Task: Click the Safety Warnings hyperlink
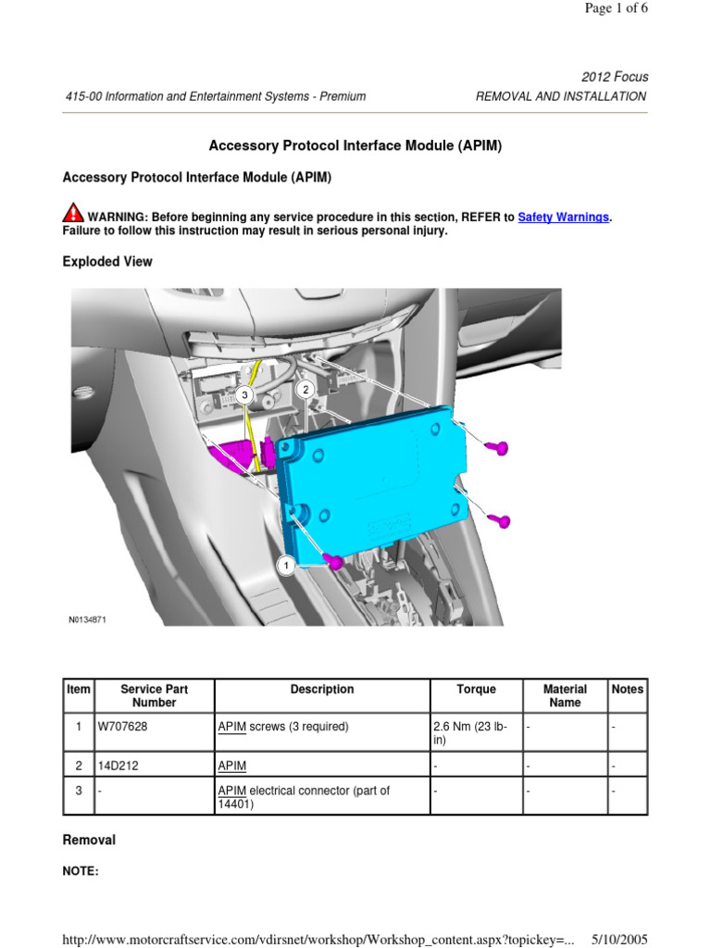[563, 217]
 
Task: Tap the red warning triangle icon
[73, 214]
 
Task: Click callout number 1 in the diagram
[286, 566]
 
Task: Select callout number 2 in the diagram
[305, 391]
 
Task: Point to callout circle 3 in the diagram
[244, 395]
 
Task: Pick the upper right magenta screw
[497, 448]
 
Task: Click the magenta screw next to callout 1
[333, 561]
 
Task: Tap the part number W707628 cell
[123, 727]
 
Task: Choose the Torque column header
[476, 690]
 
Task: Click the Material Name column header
[565, 696]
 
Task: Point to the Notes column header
[628, 690]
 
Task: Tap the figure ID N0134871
[87, 620]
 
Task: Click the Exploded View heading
[107, 262]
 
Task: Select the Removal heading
[89, 841]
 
